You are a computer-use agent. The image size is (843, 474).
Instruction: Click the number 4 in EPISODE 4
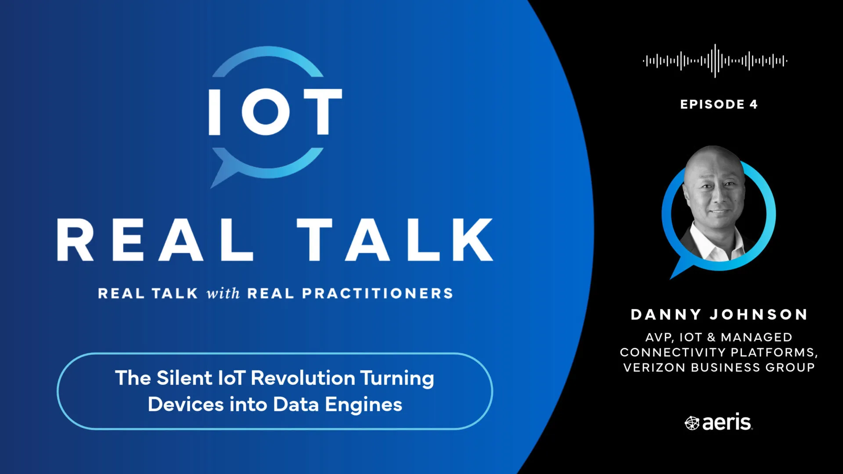[x=753, y=104]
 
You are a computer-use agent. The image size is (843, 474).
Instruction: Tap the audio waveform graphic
[x=715, y=61]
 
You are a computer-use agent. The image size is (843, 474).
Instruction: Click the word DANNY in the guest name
[x=666, y=314]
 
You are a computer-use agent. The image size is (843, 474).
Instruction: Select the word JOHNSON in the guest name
[x=759, y=314]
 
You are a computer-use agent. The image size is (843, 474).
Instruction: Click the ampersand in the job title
[x=711, y=337]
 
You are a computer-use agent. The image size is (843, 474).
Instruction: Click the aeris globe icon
[x=692, y=423]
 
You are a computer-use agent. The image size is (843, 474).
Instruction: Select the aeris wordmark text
[x=727, y=422]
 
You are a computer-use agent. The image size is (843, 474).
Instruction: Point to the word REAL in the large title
[x=155, y=240]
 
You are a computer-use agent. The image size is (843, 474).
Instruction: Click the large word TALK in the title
[x=395, y=240]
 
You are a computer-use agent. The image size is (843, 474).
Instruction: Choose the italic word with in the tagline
[x=223, y=293]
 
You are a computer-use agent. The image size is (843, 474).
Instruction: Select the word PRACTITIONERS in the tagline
[x=378, y=293]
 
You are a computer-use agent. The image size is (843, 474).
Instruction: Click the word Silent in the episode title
[x=184, y=378]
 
